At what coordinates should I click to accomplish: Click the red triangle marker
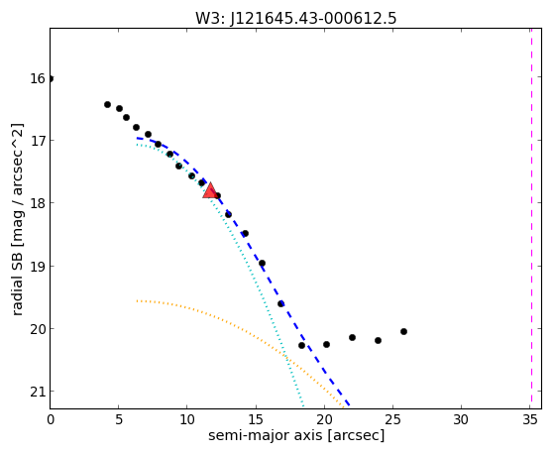(x=210, y=191)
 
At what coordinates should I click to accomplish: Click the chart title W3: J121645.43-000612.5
(x=296, y=19)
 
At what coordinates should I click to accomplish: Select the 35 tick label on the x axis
(x=529, y=420)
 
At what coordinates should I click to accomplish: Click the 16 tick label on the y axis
(x=37, y=78)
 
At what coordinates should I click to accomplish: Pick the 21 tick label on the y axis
(x=37, y=392)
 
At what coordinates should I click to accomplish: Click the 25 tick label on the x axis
(x=392, y=420)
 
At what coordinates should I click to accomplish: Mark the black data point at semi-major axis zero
(x=51, y=78)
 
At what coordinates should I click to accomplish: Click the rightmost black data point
(x=403, y=332)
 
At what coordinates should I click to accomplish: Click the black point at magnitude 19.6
(x=280, y=303)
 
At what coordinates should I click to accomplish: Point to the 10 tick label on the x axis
(x=187, y=420)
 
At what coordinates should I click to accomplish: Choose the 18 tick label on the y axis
(x=37, y=203)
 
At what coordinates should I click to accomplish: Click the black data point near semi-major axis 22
(x=352, y=338)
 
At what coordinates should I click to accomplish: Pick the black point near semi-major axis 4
(x=107, y=105)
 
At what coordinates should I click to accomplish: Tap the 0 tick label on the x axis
(x=51, y=420)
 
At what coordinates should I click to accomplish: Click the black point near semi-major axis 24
(x=378, y=340)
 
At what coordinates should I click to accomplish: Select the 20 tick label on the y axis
(x=37, y=329)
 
